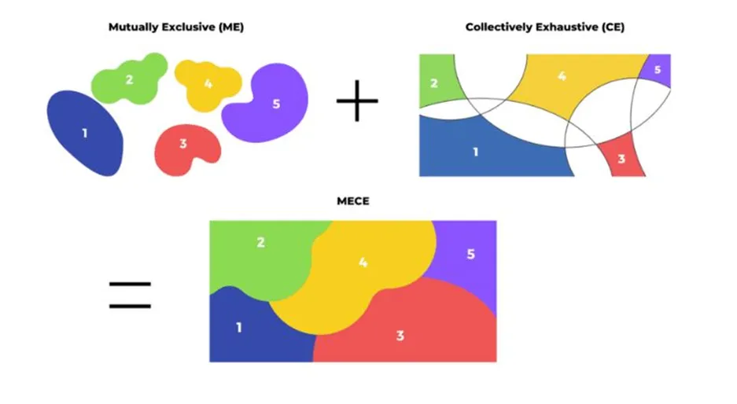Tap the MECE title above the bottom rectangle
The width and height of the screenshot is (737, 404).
(x=353, y=202)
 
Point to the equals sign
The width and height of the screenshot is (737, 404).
(x=130, y=295)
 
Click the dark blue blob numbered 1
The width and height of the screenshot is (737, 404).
(x=85, y=133)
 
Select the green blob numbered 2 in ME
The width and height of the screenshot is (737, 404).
(x=129, y=79)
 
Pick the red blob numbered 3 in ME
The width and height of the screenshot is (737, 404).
(x=182, y=144)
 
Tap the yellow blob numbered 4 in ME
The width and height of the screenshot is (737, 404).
(x=208, y=83)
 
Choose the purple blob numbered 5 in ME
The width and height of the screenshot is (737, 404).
(x=275, y=104)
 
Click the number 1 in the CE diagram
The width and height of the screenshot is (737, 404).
(x=475, y=152)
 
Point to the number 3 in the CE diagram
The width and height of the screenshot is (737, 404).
(x=621, y=160)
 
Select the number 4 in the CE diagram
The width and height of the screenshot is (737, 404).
(x=561, y=76)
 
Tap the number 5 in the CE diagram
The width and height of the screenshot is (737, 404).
(x=658, y=69)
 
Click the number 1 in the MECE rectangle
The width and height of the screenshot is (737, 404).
(x=239, y=327)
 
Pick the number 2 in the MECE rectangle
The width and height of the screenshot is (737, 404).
(x=260, y=243)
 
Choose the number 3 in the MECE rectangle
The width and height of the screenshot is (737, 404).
(x=400, y=336)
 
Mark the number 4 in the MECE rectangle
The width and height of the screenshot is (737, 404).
(x=363, y=263)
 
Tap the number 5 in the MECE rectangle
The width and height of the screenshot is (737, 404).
(x=470, y=255)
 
